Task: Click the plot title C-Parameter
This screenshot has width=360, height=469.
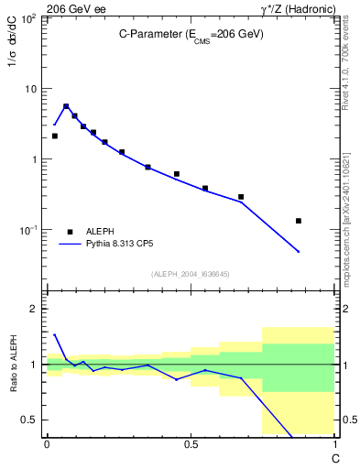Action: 191,34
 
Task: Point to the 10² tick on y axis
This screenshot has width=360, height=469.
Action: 29,19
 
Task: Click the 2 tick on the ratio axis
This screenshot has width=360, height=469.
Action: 34,309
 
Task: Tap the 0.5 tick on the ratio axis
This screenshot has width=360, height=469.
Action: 29,420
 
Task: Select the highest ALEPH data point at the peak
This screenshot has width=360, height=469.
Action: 66,106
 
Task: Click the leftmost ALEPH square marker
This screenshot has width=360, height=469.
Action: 54,136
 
